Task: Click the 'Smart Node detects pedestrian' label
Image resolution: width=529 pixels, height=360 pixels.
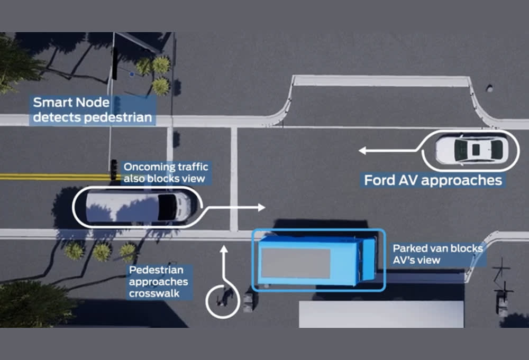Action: click(x=92, y=110)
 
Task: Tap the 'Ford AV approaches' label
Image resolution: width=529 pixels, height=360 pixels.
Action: click(x=433, y=180)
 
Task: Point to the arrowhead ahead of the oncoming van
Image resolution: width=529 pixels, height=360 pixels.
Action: click(x=260, y=207)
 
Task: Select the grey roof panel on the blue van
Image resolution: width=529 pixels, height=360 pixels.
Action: click(x=296, y=263)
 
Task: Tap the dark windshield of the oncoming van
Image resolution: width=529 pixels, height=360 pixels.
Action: click(x=168, y=207)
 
